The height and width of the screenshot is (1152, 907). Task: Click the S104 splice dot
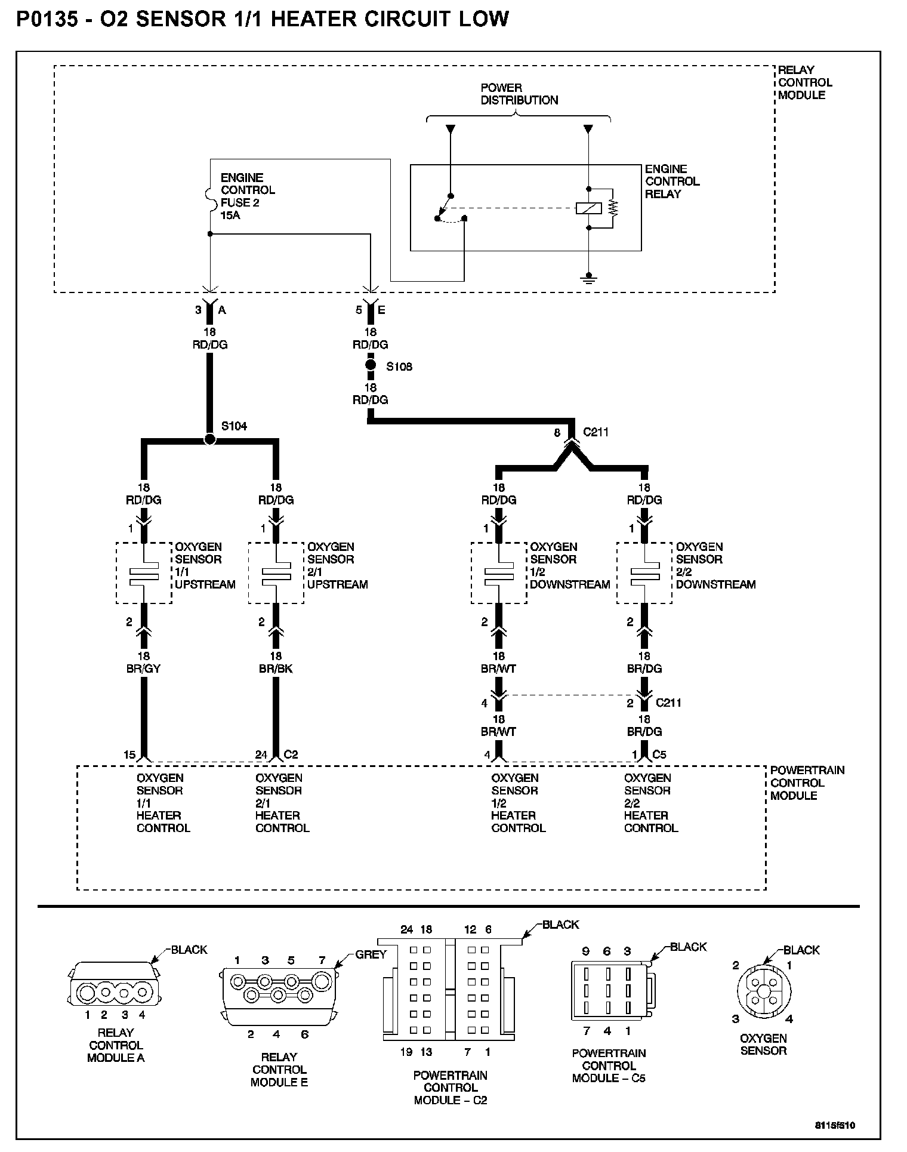[209, 439]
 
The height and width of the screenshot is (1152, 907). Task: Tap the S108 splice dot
[371, 365]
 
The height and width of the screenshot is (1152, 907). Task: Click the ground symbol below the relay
[589, 278]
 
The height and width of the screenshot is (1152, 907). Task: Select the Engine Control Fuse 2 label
[248, 196]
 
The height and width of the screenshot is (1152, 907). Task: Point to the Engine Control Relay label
[672, 181]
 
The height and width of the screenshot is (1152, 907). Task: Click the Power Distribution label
[519, 94]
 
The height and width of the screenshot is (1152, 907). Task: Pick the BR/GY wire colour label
[144, 669]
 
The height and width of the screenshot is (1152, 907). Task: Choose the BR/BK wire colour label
[276, 669]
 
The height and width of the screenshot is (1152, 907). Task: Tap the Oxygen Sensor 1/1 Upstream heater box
[143, 573]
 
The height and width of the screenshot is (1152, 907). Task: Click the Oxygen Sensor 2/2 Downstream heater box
[644, 573]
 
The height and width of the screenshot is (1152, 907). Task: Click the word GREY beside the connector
[371, 954]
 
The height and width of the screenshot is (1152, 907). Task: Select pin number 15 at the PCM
[129, 754]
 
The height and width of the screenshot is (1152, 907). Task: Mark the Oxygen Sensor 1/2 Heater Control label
[518, 803]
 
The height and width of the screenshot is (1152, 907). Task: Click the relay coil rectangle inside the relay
[588, 208]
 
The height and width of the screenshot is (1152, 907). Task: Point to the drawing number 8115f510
[835, 1125]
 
